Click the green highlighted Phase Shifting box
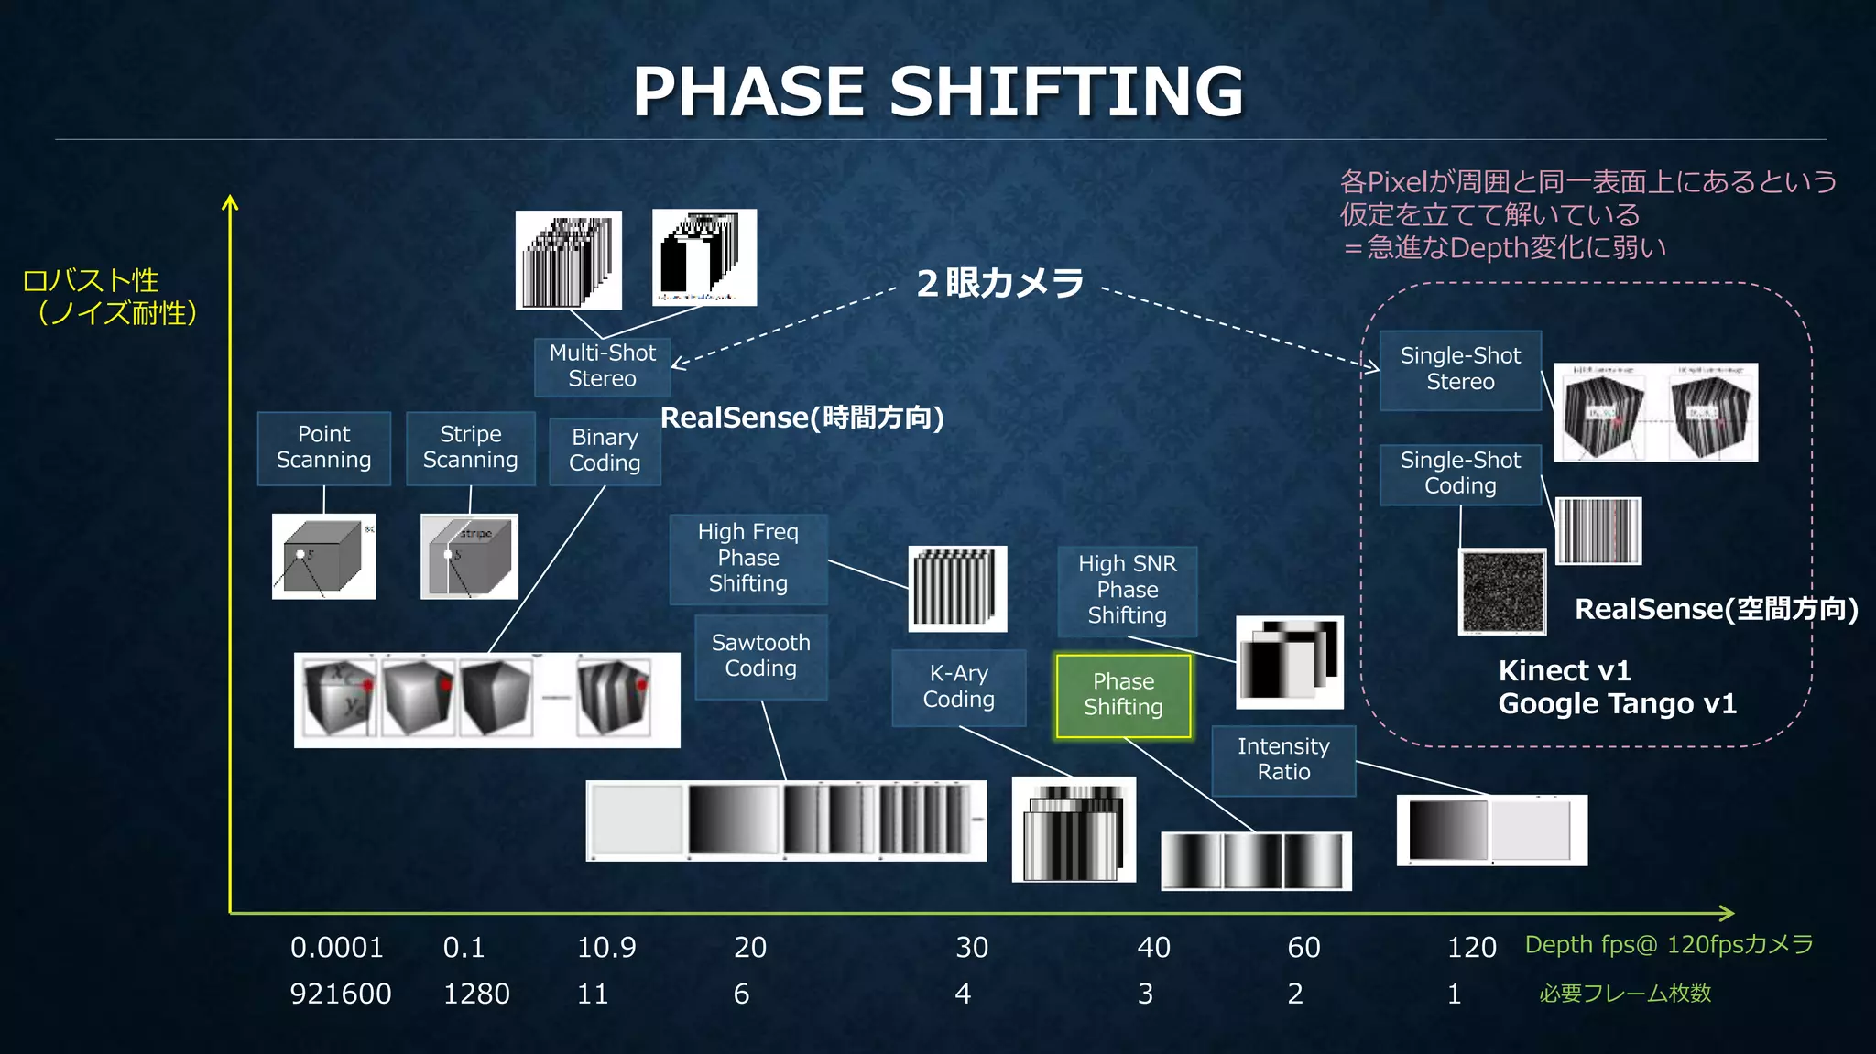pyautogui.click(x=1123, y=695)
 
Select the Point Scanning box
pyautogui.click(x=323, y=448)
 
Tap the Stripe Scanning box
pyautogui.click(x=470, y=448)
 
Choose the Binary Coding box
pyautogui.click(x=605, y=451)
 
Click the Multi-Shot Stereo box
pyautogui.click(x=602, y=366)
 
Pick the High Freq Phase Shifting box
pyautogui.click(x=748, y=559)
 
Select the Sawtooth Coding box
pyautogui.click(x=761, y=657)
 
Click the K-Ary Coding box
pyautogui.click(x=958, y=687)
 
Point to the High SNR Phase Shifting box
pyautogui.click(x=1127, y=591)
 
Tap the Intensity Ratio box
pyautogui.click(x=1283, y=760)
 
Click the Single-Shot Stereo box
pyautogui.click(x=1460, y=369)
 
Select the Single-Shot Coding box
pyautogui.click(x=1460, y=473)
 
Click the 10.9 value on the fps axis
pyautogui.click(x=606, y=948)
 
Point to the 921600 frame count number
pyautogui.click(x=341, y=994)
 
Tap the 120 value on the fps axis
pyautogui.click(x=1471, y=948)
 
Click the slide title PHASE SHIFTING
pyautogui.click(x=938, y=92)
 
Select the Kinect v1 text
pyautogui.click(x=1565, y=671)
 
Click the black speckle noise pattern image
pyautogui.click(x=1502, y=592)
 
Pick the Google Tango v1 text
pyautogui.click(x=1617, y=704)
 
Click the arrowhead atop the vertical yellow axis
pyautogui.click(x=230, y=202)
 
